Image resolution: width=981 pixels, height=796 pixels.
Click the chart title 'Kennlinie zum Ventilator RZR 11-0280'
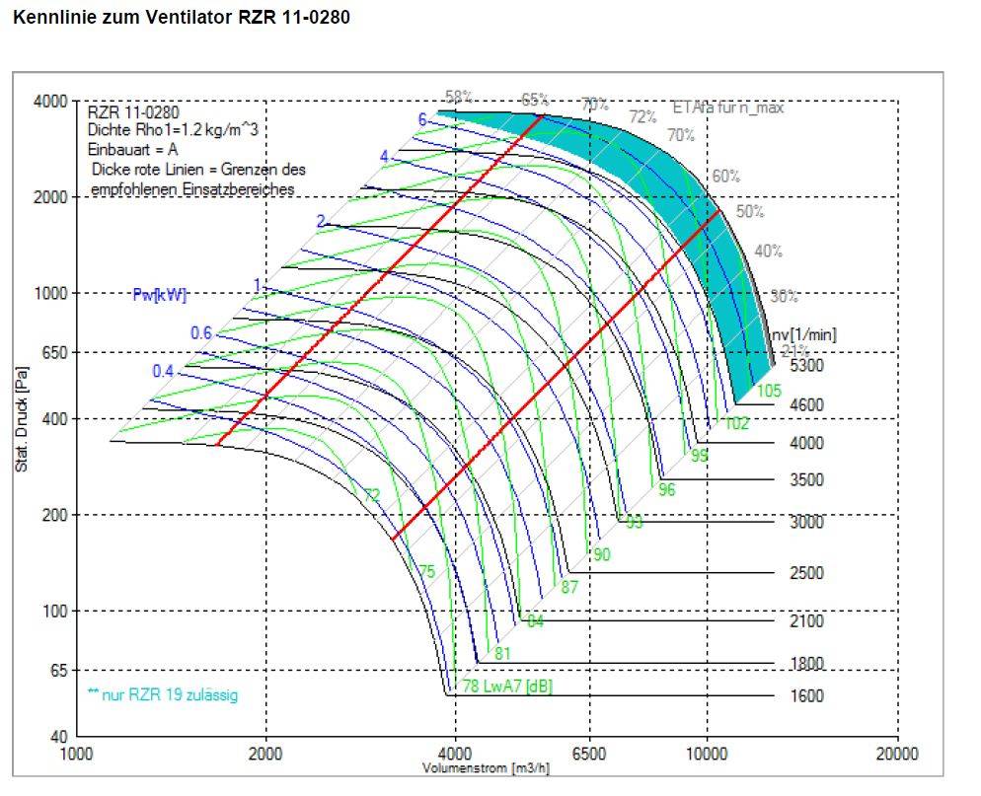point(181,18)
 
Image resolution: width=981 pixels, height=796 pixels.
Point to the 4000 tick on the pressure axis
point(51,101)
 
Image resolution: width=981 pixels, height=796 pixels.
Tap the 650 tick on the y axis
point(55,352)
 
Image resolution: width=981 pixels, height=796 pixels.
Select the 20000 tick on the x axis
point(896,754)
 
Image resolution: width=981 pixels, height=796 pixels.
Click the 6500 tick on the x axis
point(589,754)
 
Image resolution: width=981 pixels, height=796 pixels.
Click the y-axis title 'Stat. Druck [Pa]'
point(21,419)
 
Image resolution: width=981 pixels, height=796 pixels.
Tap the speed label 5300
point(806,366)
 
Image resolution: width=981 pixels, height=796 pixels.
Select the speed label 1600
point(806,695)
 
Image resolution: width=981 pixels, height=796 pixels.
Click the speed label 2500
point(806,573)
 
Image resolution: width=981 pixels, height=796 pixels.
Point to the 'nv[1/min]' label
point(804,334)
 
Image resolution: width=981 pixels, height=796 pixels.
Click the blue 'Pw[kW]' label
point(160,294)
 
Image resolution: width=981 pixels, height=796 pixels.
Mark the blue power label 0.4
point(163,371)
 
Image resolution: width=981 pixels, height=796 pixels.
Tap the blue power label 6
point(422,119)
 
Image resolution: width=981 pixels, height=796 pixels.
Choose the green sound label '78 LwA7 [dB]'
point(507,687)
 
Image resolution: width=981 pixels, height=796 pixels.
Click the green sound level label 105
point(769,391)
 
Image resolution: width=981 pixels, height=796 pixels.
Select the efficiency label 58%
point(459,97)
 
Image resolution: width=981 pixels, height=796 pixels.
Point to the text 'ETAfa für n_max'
point(727,108)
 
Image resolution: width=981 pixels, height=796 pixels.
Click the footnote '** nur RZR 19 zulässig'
point(163,695)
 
